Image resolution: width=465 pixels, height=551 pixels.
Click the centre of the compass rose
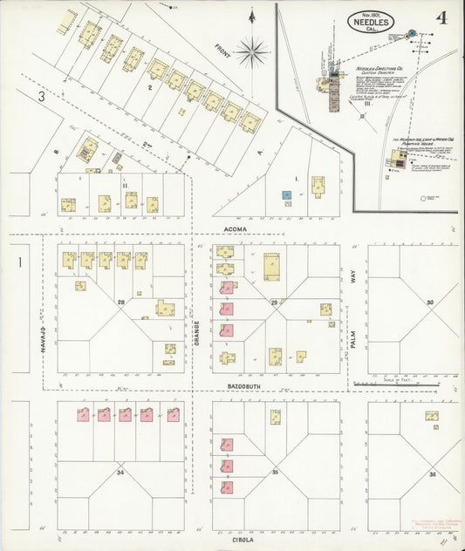(251, 53)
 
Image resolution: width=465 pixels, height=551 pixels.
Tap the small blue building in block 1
(285, 194)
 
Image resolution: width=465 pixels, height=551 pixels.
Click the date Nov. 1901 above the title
(372, 13)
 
